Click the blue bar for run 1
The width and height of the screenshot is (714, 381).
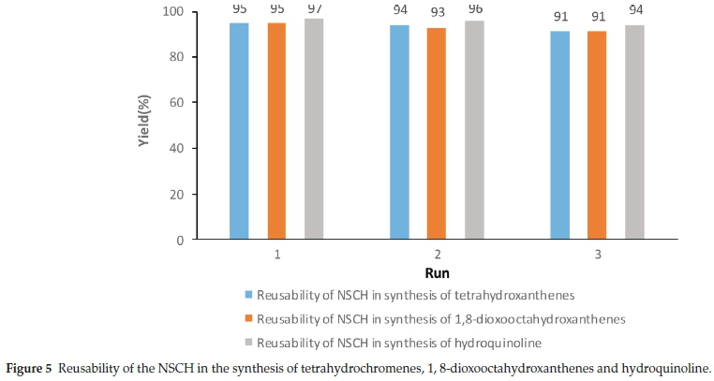coord(239,131)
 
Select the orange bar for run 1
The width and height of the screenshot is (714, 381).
coord(276,131)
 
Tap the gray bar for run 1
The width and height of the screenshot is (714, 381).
coord(314,129)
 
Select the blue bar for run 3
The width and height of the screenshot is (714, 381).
coord(559,136)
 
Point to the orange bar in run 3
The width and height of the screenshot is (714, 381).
coord(597,136)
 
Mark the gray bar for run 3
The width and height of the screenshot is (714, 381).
coord(634,132)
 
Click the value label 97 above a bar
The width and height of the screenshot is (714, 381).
coord(314,7)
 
